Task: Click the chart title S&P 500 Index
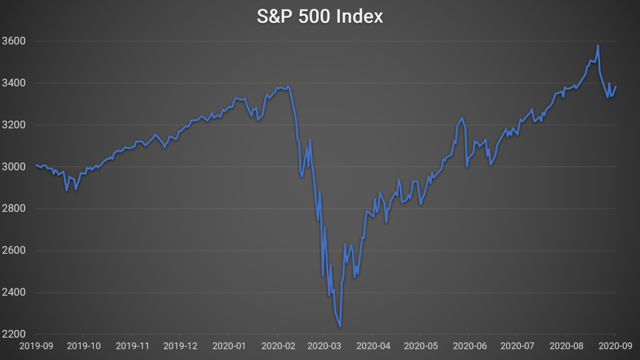coord(320,17)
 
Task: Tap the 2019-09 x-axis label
coord(36,345)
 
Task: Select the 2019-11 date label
coord(132,345)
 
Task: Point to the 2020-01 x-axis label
coord(229,345)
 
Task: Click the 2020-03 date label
coord(325,345)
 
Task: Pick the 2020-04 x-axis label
coord(373,345)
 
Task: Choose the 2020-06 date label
coord(469,345)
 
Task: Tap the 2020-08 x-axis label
coord(566,345)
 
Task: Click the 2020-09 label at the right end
coord(614,345)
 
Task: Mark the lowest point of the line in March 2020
coord(340,326)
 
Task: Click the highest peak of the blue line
coord(598,45)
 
